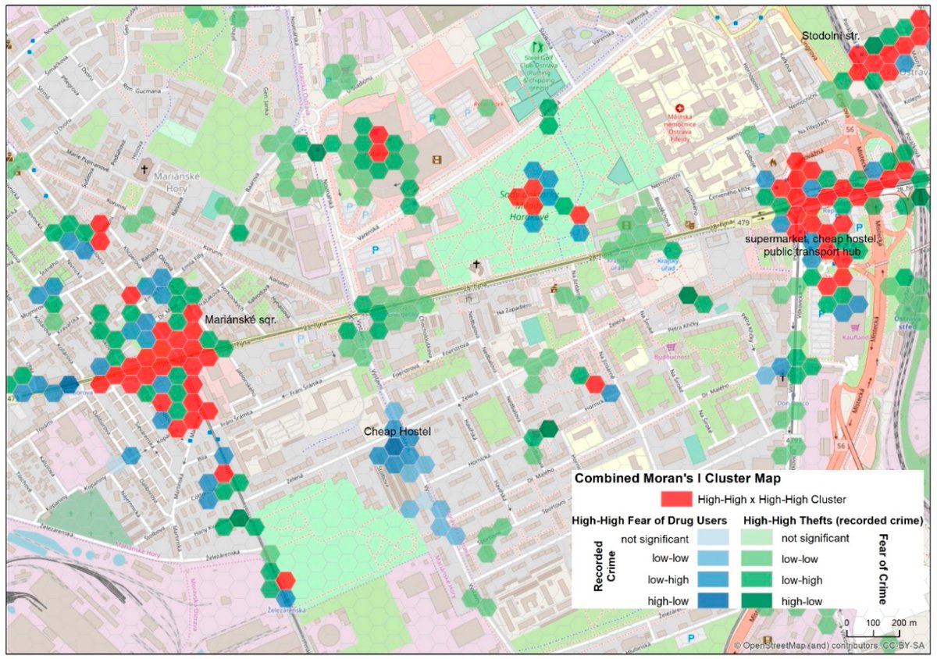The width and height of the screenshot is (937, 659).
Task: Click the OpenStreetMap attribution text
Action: [x=832, y=646]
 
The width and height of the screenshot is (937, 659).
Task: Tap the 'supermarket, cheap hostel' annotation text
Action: [x=813, y=238]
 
